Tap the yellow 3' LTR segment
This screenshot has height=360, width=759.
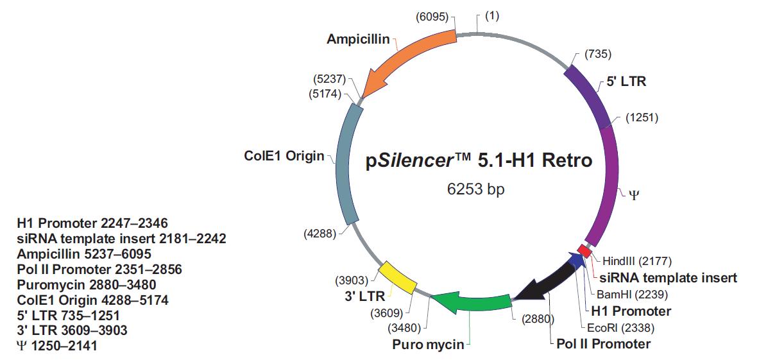[x=398, y=278]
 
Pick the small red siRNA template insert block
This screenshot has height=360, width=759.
[x=584, y=249]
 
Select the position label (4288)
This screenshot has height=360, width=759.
[x=320, y=234]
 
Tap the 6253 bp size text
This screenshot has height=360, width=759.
[x=479, y=189]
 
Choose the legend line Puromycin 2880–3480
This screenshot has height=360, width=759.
[x=87, y=284]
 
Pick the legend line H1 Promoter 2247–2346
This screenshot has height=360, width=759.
[x=92, y=223]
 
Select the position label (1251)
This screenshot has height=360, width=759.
[x=642, y=117]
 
